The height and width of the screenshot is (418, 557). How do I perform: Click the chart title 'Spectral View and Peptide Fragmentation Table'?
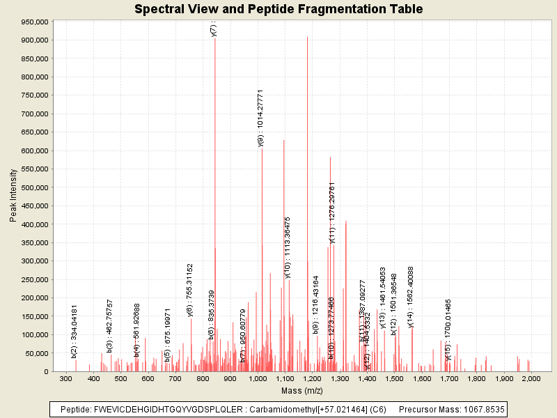(x=278, y=9)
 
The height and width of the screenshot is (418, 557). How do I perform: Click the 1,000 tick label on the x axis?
(x=258, y=378)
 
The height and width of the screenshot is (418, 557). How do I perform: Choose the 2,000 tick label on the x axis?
(x=531, y=378)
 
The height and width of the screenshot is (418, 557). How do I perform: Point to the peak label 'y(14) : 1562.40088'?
(x=411, y=297)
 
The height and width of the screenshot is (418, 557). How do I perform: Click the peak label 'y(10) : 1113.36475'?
(x=288, y=247)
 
